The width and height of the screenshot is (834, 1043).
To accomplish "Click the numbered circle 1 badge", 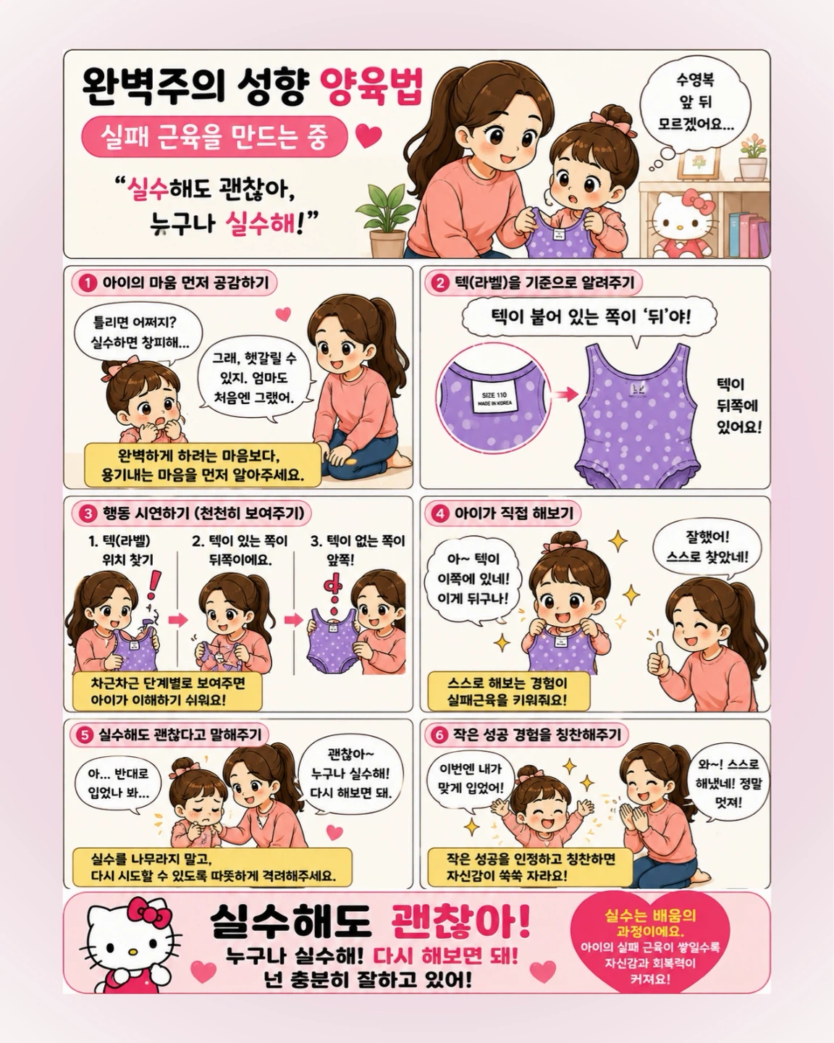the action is [x=87, y=283].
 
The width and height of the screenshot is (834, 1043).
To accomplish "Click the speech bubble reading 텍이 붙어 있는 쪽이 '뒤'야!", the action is [x=589, y=317].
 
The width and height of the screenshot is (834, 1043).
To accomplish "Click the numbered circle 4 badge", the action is [x=439, y=514].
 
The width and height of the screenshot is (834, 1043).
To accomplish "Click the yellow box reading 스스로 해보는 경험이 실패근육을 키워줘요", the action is [x=508, y=692].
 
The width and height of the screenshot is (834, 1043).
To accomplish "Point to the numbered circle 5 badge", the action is [x=84, y=735].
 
